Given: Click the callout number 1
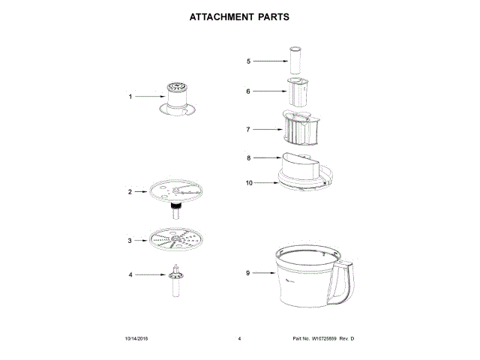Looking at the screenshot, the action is tap(130, 97).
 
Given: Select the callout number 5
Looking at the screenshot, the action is tap(248, 61).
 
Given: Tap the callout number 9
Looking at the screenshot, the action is tap(247, 273).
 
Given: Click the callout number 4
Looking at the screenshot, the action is tap(130, 275).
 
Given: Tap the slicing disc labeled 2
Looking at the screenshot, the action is tap(177, 190).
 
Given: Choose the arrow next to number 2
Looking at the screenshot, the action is tap(142, 192).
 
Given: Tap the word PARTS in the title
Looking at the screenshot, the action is tap(269, 16).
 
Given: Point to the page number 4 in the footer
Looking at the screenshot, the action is tap(239, 340).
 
